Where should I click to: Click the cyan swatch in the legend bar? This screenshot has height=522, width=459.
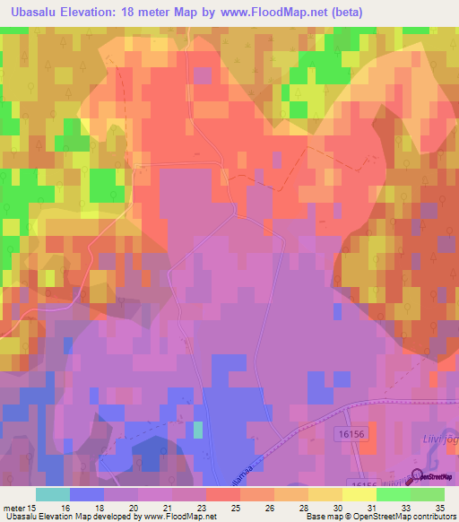coord(52,494)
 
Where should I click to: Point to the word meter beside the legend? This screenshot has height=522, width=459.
coord(14,508)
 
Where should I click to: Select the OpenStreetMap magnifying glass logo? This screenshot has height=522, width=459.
coord(415,476)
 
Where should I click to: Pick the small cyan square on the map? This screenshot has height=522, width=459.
coord(197,431)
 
